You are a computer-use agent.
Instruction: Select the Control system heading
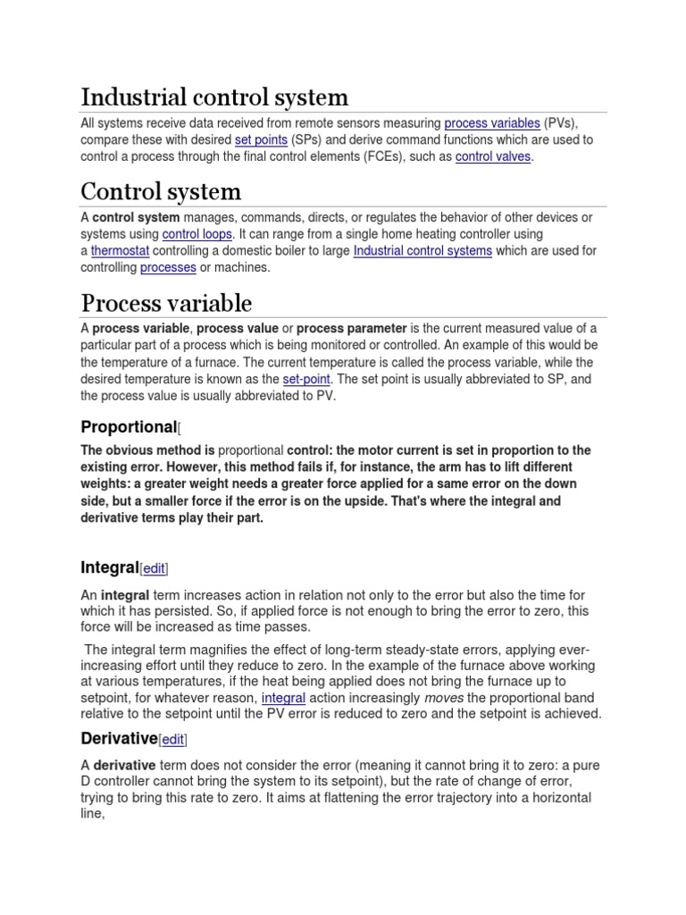tap(161, 190)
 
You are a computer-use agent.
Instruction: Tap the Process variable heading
tap(166, 302)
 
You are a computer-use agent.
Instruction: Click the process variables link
tap(491, 123)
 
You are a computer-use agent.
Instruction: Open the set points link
tap(261, 140)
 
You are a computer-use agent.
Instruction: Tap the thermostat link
tap(122, 251)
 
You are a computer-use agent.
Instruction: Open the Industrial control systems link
tap(422, 251)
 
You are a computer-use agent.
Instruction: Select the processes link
tap(168, 268)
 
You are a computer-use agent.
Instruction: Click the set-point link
tap(306, 379)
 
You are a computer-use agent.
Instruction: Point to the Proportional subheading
tap(129, 426)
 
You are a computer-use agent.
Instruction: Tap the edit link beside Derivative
tap(173, 739)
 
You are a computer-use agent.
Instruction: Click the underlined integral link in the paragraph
tap(283, 697)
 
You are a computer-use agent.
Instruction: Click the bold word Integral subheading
tap(108, 568)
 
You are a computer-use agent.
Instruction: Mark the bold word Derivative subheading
tap(119, 738)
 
